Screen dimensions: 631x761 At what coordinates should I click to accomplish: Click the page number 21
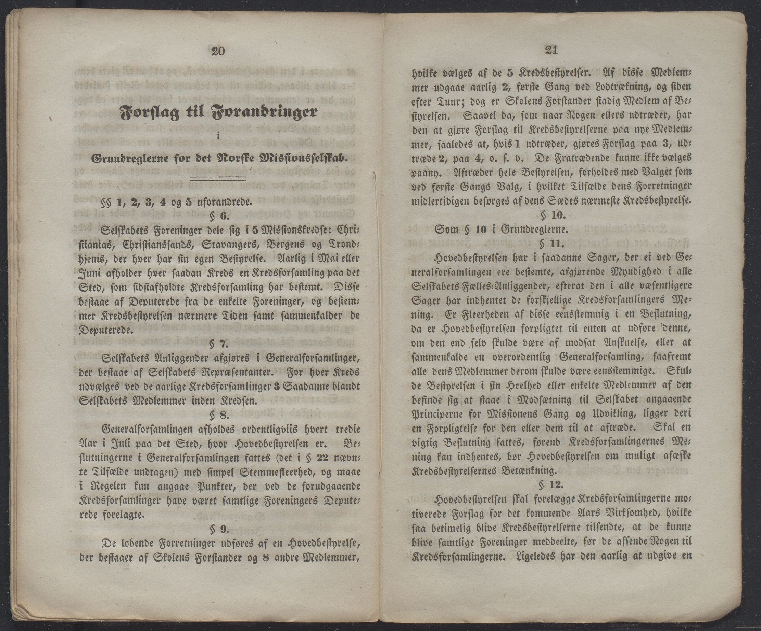point(551,50)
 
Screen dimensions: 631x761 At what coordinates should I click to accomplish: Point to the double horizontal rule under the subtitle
point(218,178)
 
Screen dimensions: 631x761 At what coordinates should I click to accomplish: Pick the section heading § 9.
point(219,529)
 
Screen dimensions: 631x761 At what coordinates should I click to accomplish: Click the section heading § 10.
point(553,215)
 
